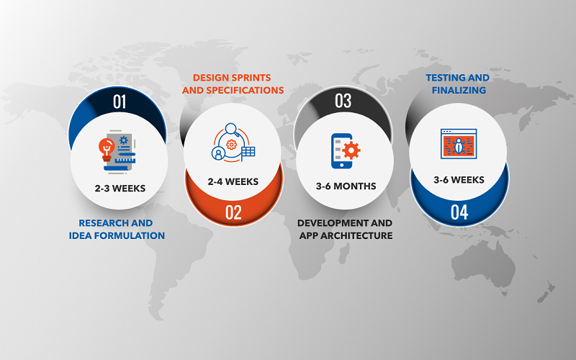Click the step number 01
tap(120, 102)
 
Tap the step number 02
tap(233, 212)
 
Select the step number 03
tap(343, 101)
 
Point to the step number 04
tap(459, 212)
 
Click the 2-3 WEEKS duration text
tap(120, 189)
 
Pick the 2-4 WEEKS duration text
tap(233, 181)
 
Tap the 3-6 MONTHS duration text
tap(346, 186)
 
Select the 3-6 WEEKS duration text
tap(459, 180)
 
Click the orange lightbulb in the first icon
tap(107, 149)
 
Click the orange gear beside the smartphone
tap(351, 150)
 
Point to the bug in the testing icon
tap(459, 146)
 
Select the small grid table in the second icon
tap(248, 152)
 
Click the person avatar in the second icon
tap(219, 153)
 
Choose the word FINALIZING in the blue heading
tap(459, 91)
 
